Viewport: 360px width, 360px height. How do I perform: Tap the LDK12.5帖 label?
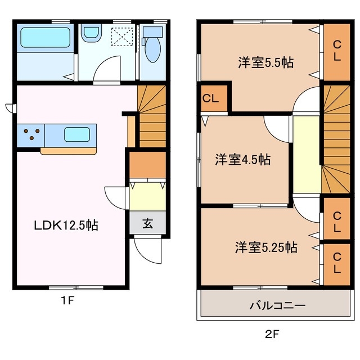pos(66,226)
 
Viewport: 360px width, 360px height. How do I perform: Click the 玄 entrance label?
pos(147,223)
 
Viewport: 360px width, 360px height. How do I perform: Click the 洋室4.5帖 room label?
pos(242,160)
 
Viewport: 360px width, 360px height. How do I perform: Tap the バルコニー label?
pos(277,305)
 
